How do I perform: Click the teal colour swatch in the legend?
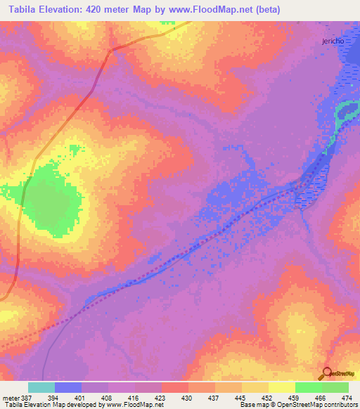pyautogui.click(x=41, y=388)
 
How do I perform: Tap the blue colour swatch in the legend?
pyautogui.click(x=68, y=388)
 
